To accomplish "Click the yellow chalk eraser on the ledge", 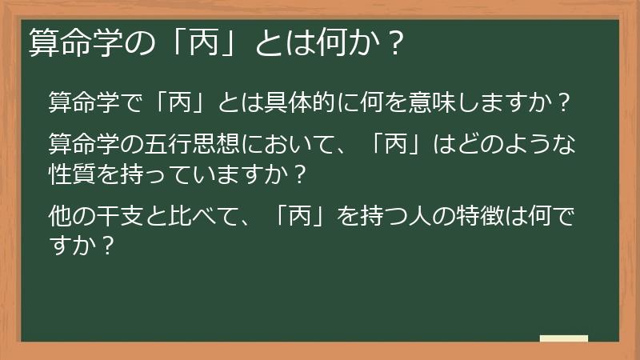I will pos(563,338).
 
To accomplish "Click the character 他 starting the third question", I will pos(60,216).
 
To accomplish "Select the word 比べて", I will pos(202,216).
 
